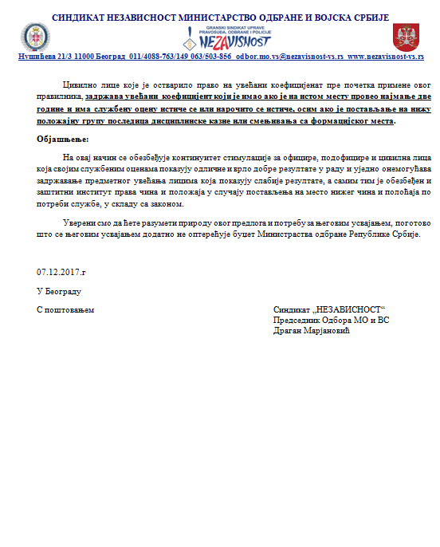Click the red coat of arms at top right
pyautogui.click(x=404, y=37)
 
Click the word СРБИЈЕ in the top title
pyautogui.click(x=365, y=16)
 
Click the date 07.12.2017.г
pyautogui.click(x=61, y=272)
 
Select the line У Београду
pyautogui.click(x=59, y=291)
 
